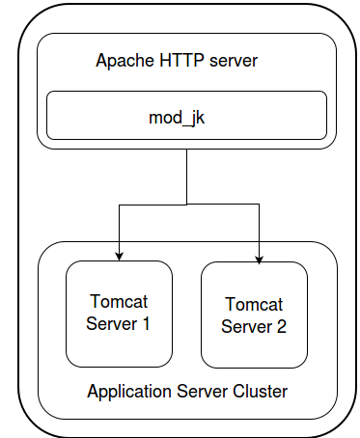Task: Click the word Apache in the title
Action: click(123, 61)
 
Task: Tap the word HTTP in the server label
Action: click(179, 61)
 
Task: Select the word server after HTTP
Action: click(233, 61)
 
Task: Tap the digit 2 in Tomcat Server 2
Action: click(281, 326)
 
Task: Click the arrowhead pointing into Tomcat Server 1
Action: click(119, 256)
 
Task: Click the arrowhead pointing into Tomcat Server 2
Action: click(259, 257)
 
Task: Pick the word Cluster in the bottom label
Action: click(260, 392)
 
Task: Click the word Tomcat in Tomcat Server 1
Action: click(118, 301)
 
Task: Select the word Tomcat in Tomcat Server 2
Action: click(254, 304)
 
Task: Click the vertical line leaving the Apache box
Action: click(186, 178)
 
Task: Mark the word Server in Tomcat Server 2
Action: click(246, 326)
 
